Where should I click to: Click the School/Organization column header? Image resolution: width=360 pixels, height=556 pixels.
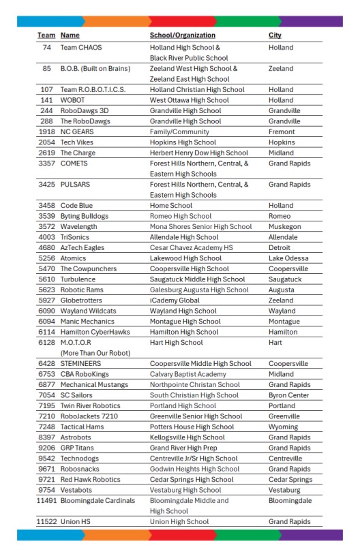(x=182, y=35)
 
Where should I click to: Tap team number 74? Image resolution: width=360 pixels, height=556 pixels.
(x=47, y=48)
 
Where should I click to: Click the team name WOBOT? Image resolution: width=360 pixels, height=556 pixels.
(x=74, y=100)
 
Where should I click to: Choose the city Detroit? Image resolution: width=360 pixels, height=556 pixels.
(x=282, y=248)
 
